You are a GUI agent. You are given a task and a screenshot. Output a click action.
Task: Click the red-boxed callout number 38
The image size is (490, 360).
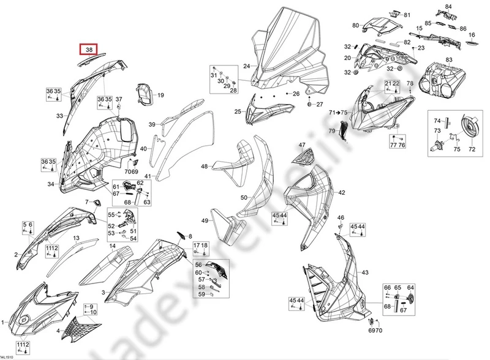click(89, 50)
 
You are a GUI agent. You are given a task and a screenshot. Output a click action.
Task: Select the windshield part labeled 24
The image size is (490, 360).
click(288, 49)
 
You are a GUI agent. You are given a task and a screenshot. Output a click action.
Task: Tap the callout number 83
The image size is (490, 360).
click(449, 59)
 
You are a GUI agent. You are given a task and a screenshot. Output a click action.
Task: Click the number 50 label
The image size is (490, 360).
click(244, 197)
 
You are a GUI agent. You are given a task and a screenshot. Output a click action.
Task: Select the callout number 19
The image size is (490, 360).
click(161, 96)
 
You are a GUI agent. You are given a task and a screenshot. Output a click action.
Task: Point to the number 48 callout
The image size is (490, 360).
click(205, 166)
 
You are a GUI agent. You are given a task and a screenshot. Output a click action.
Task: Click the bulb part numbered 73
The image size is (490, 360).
click(439, 145)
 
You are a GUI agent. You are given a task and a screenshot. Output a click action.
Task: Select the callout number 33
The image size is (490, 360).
click(60, 115)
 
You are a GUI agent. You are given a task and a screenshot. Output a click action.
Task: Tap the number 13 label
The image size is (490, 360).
click(77, 238)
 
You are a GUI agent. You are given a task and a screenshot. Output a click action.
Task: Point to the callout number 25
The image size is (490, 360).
click(238, 111)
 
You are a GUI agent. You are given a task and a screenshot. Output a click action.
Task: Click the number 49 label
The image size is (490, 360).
click(205, 221)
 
